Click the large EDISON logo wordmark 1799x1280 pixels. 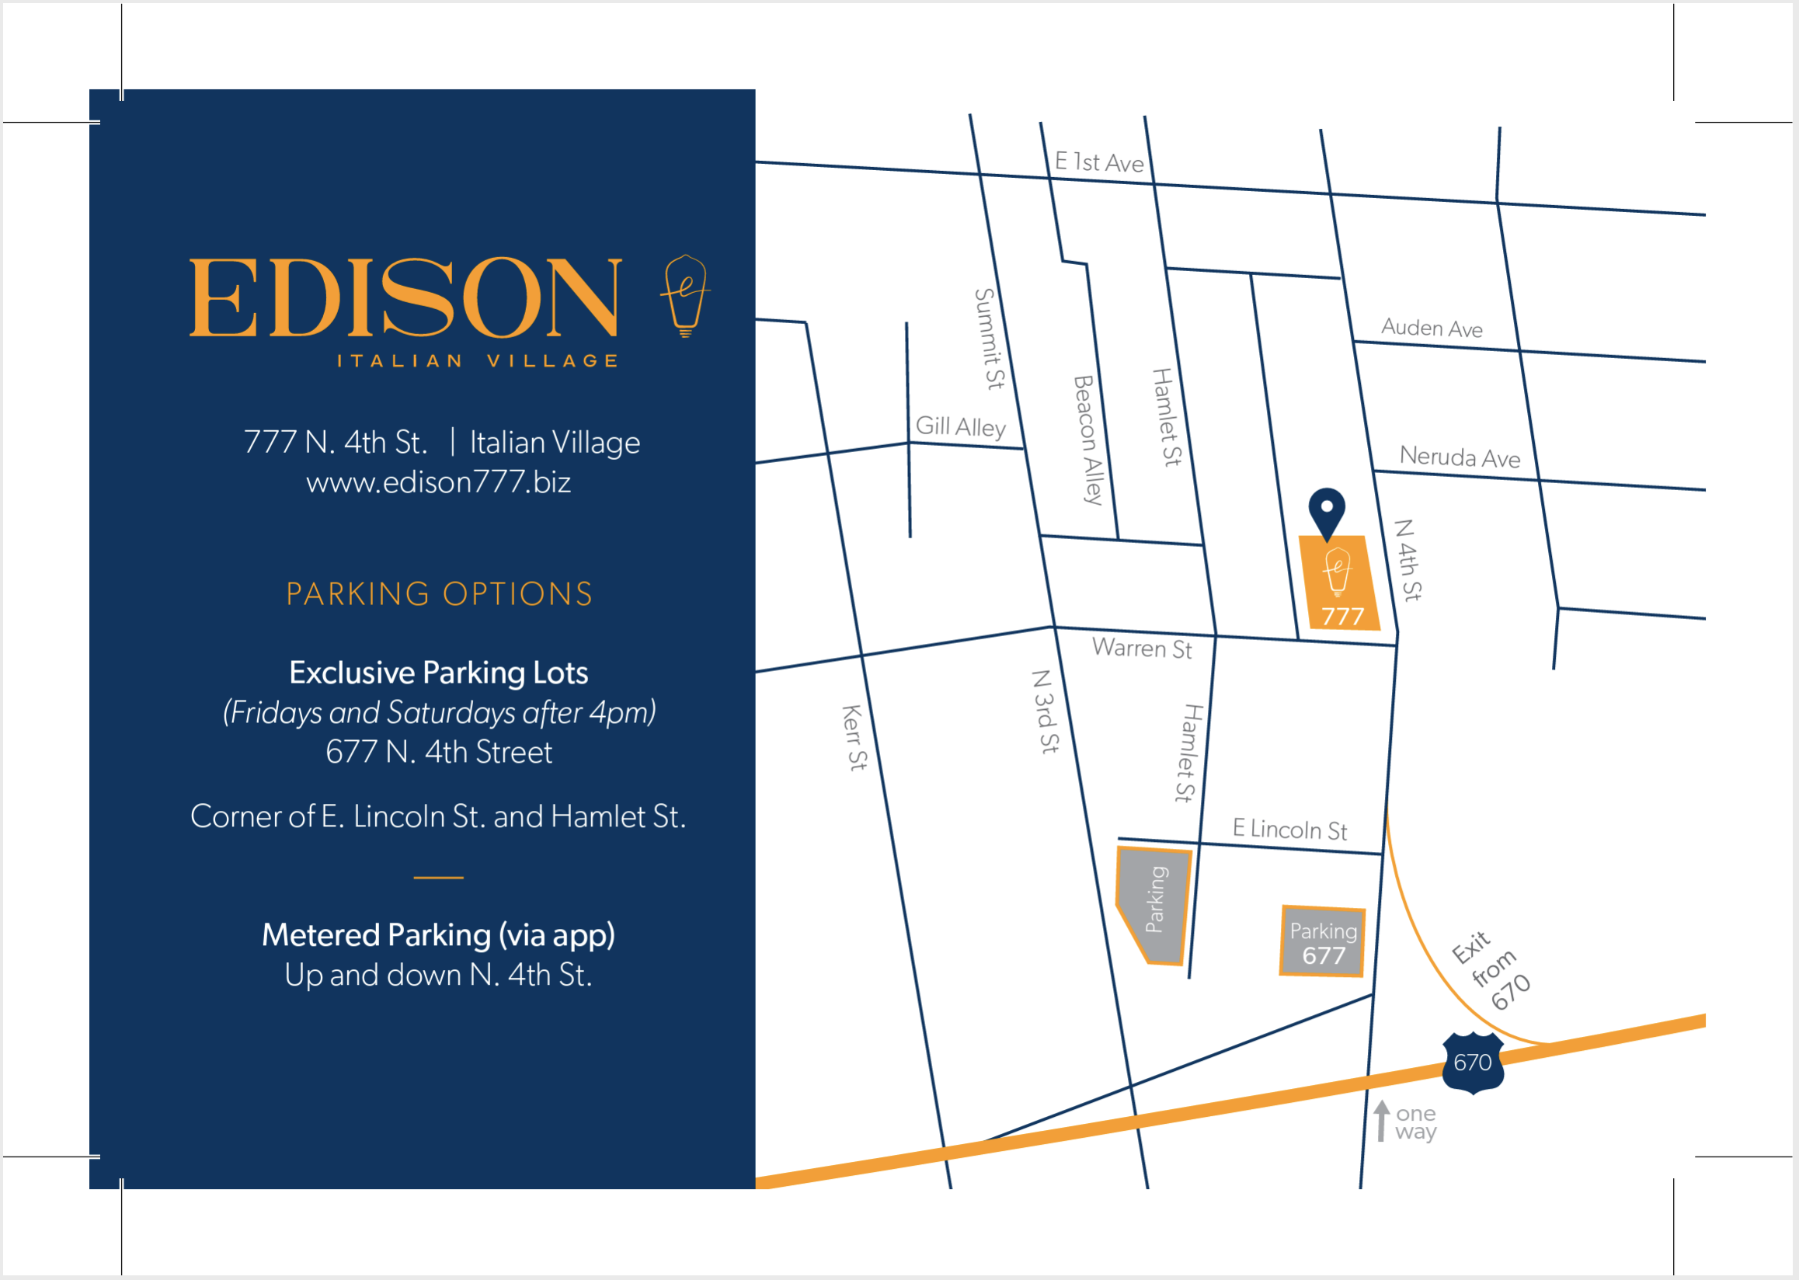click(x=405, y=297)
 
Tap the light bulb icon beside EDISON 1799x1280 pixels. click(x=685, y=296)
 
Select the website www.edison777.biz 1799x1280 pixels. click(x=438, y=482)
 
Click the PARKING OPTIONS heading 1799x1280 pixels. click(x=439, y=594)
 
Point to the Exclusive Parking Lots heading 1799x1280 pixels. click(x=438, y=673)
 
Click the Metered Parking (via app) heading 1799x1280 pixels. click(x=438, y=936)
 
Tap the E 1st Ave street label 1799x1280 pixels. click(x=1099, y=162)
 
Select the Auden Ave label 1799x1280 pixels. click(x=1432, y=328)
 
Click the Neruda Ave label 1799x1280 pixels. click(x=1460, y=457)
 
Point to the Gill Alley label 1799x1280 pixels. click(x=960, y=427)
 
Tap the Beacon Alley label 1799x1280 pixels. click(x=1088, y=440)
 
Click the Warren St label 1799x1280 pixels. click(x=1142, y=648)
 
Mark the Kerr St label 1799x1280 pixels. click(x=854, y=738)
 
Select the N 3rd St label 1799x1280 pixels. click(x=1046, y=711)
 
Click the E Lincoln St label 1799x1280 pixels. click(x=1289, y=830)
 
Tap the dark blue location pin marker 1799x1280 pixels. click(x=1327, y=511)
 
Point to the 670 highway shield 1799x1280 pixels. click(x=1472, y=1063)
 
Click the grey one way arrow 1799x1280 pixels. click(x=1381, y=1121)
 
